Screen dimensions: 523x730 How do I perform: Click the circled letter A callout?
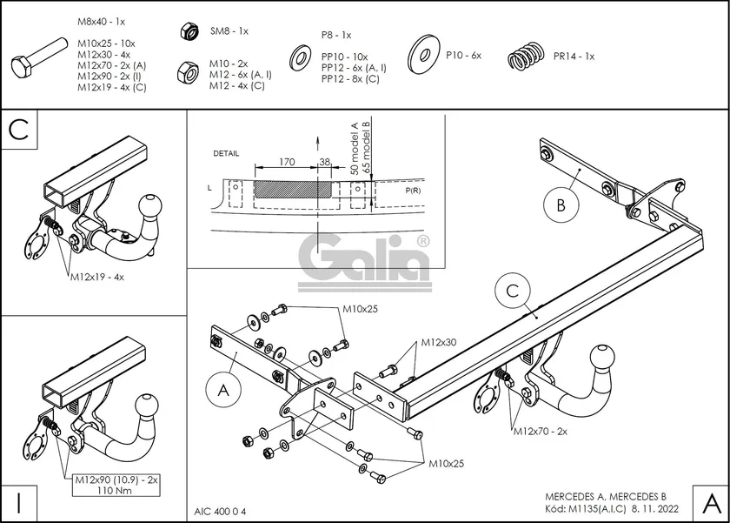223,392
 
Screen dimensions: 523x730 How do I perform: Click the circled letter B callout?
561,206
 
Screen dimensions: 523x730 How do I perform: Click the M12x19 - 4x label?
98,278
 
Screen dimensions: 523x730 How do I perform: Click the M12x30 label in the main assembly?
440,341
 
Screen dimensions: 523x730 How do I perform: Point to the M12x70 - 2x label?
540,430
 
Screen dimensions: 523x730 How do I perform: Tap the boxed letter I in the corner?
18,502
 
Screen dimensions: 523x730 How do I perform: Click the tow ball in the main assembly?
601,358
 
